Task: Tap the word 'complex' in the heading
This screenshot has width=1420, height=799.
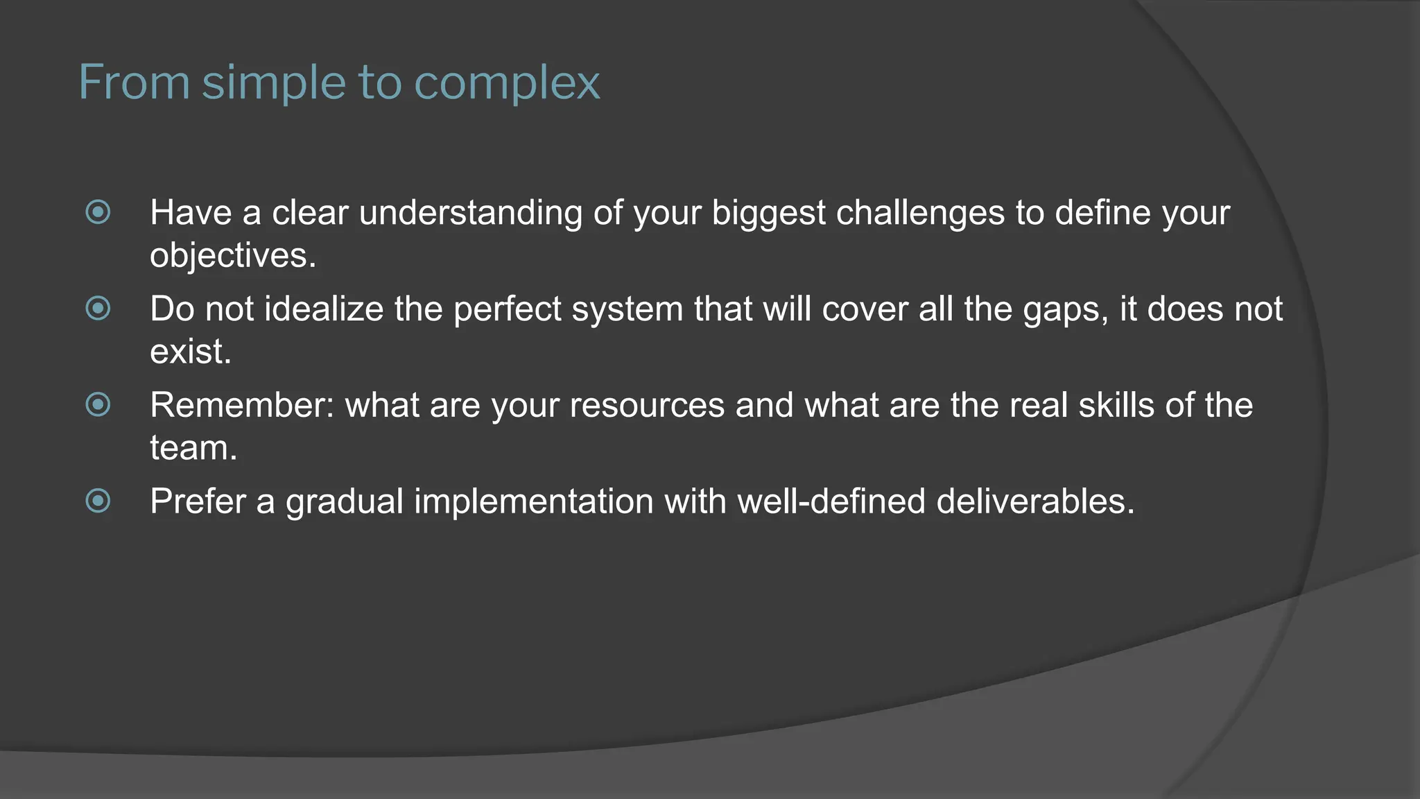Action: coord(507,83)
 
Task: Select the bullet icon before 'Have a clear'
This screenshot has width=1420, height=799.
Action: coord(98,212)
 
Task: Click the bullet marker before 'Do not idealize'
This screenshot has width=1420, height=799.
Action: coord(98,309)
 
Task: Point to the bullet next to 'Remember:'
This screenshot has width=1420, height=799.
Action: coord(98,404)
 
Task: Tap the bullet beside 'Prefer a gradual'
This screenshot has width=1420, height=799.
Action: coord(98,501)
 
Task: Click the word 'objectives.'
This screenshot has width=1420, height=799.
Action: coord(233,255)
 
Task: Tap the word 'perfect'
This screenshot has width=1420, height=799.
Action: coord(507,309)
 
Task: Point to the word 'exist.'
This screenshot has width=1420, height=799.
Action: coord(191,352)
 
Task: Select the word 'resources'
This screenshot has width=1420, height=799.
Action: coord(647,405)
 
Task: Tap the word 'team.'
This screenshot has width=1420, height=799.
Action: coord(193,448)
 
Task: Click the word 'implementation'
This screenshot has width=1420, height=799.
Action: coord(533,501)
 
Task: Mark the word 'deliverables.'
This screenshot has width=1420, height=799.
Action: coord(1035,501)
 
